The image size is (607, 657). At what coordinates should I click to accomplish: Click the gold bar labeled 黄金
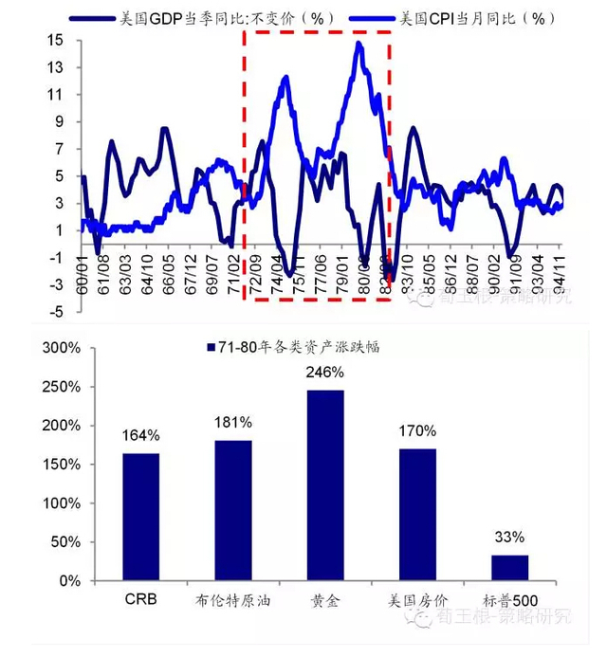coord(325,485)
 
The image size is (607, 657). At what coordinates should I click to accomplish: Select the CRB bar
coord(140,517)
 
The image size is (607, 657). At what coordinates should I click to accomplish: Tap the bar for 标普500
coord(509,567)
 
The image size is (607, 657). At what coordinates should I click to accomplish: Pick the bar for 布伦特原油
coord(233,510)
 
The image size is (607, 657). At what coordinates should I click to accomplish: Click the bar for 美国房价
coord(417,514)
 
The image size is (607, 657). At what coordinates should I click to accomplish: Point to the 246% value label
coord(325,374)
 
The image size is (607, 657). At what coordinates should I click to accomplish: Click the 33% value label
coord(509,538)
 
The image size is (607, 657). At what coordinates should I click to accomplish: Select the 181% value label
coord(233,423)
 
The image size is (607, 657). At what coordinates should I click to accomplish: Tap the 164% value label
coord(140,436)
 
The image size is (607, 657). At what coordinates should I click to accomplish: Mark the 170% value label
coord(417,432)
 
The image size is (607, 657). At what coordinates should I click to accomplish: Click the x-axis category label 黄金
coord(325,599)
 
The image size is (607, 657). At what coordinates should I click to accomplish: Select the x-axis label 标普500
coord(509,599)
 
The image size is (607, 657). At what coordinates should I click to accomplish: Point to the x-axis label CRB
coord(140,599)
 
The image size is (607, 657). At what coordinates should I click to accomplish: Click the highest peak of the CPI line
coord(358,44)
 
